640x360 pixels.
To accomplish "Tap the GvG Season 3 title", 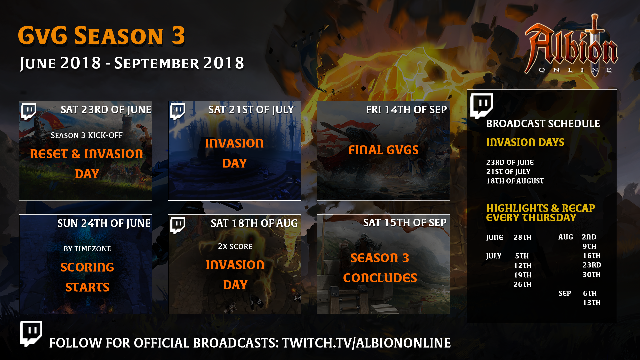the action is pyautogui.click(x=101, y=35).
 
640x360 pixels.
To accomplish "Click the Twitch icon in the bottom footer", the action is pyautogui.click(x=31, y=333).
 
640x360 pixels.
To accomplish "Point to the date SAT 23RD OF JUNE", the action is pyautogui.click(x=106, y=110).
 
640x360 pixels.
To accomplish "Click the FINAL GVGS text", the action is pyautogui.click(x=384, y=150).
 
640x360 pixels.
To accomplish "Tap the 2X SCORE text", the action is pyautogui.click(x=235, y=246).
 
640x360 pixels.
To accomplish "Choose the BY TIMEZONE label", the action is pyautogui.click(x=87, y=249).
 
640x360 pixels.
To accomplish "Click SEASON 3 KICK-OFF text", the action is pyautogui.click(x=87, y=135).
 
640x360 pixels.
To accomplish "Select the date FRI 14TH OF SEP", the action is pyautogui.click(x=406, y=109).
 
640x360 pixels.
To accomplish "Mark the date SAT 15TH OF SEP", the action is pyautogui.click(x=405, y=222).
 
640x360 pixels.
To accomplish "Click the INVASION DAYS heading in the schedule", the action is pyautogui.click(x=525, y=142).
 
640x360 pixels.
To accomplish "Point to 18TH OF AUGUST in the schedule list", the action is pyautogui.click(x=515, y=181).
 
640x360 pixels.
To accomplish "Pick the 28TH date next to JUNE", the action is pyautogui.click(x=522, y=237).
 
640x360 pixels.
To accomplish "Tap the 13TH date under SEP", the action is pyautogui.click(x=592, y=303).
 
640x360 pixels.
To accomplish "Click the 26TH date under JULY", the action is pyautogui.click(x=522, y=284).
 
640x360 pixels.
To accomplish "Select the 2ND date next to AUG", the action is pyautogui.click(x=589, y=237).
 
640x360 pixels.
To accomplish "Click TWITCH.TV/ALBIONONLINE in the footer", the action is pyautogui.click(x=366, y=343).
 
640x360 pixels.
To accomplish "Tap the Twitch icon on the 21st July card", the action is pyautogui.click(x=178, y=111).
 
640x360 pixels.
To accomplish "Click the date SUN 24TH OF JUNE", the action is pyautogui.click(x=104, y=223).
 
